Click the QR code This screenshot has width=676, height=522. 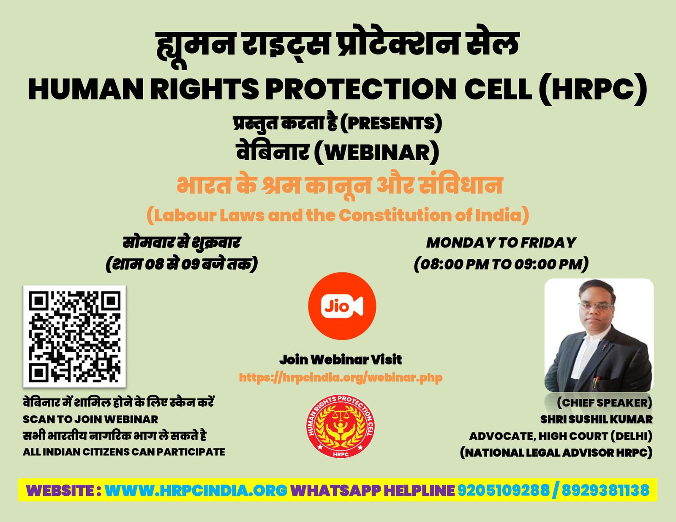click(75, 337)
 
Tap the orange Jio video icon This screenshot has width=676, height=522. click(342, 306)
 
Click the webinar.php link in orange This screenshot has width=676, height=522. click(341, 378)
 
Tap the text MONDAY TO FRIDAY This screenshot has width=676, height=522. click(501, 243)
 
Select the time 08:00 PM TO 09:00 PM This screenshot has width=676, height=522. click(501, 264)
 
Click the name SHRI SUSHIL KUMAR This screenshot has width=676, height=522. click(597, 419)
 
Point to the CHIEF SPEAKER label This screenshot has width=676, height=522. click(604, 402)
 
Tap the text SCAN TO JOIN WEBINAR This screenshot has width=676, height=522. click(90, 419)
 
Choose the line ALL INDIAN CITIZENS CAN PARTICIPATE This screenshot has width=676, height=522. click(124, 452)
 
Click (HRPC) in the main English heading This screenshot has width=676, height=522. click(593, 88)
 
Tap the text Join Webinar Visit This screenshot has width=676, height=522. click(341, 360)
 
